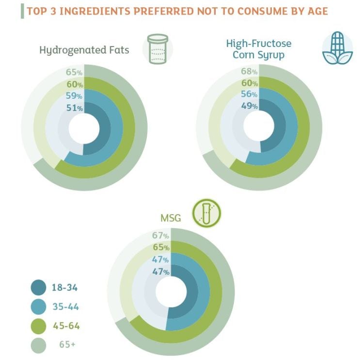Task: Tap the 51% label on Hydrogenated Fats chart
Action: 74,108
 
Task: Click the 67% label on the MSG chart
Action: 160,235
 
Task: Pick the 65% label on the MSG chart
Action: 160,247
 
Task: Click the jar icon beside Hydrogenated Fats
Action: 157,49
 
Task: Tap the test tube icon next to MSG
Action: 206,213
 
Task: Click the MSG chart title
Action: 171,218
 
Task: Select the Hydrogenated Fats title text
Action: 84,49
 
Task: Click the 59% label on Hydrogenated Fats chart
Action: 74,96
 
